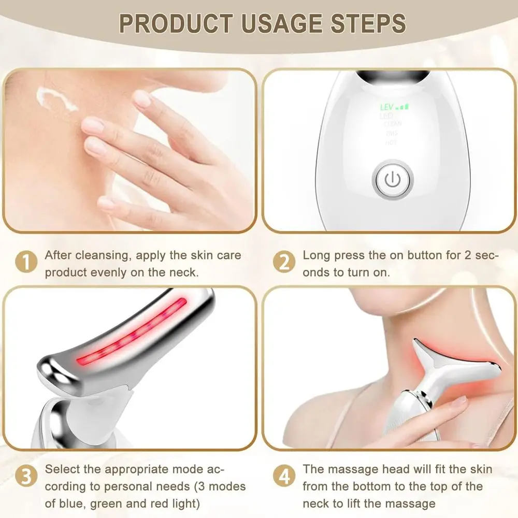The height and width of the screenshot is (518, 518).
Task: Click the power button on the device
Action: [x=392, y=180]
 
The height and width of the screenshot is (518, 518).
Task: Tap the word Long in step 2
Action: [x=315, y=255]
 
